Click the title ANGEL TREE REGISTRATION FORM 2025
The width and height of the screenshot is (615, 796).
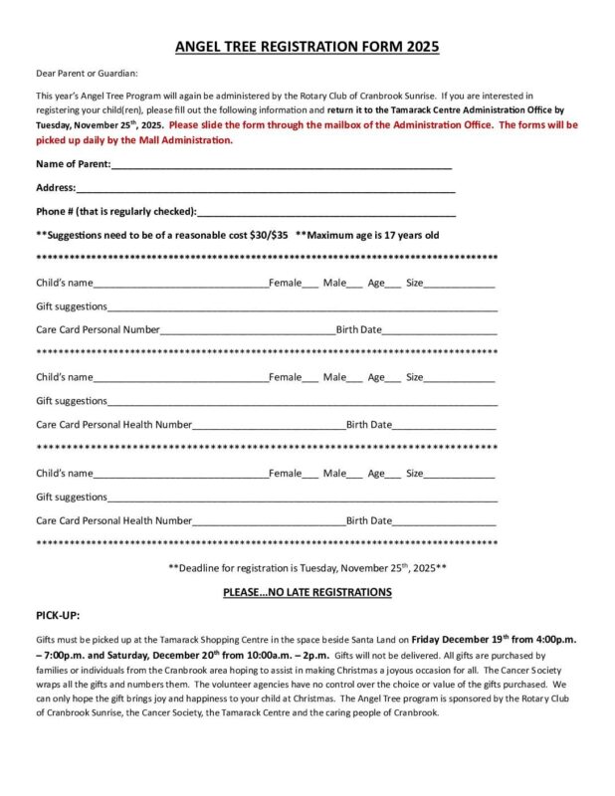tap(307, 46)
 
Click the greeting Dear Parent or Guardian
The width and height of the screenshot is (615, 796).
tap(87, 73)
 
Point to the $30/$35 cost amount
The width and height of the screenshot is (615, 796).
tap(269, 235)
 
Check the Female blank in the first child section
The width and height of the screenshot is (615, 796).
tap(310, 284)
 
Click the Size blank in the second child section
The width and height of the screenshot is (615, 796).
tap(460, 378)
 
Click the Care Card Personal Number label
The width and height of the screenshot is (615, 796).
tap(98, 329)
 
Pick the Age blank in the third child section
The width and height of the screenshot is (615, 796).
tap(393, 474)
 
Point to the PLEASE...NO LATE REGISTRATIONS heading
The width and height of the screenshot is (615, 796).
tap(307, 592)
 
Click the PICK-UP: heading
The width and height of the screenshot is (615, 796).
tap(58, 616)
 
